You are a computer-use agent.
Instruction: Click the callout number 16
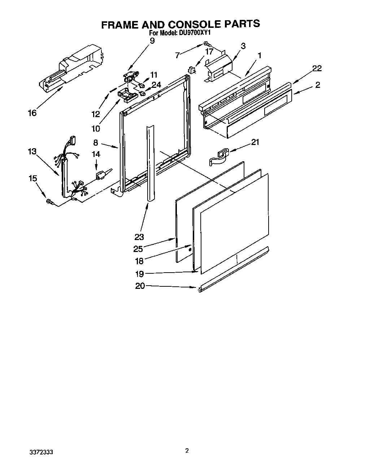click(32, 113)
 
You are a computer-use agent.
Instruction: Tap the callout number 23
click(139, 237)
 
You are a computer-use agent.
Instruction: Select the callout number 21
click(255, 142)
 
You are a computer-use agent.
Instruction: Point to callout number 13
click(32, 151)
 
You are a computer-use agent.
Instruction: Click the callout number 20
click(140, 286)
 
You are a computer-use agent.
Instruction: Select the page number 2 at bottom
click(187, 450)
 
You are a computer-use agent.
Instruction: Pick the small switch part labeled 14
click(101, 175)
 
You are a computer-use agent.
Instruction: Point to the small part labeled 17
click(192, 70)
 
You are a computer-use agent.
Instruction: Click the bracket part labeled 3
click(218, 66)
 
